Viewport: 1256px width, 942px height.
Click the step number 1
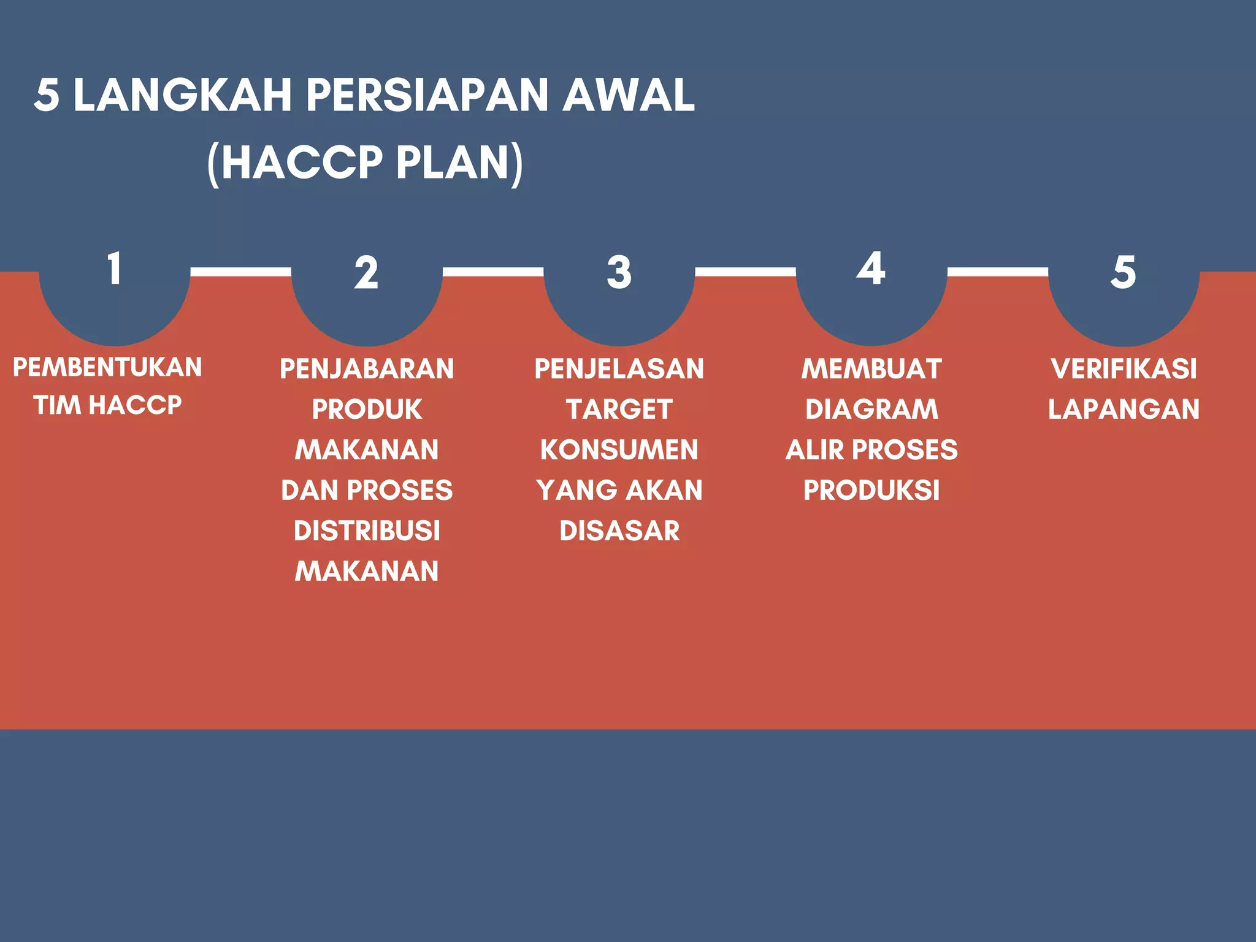[114, 269]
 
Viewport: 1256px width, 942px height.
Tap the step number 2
[366, 273]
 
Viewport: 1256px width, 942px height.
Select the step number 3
[619, 272]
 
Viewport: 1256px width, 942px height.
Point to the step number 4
[871, 268]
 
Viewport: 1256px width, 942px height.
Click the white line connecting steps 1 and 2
[240, 272]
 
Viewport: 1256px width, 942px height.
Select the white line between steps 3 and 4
[745, 272]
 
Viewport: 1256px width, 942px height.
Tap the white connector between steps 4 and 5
[997, 272]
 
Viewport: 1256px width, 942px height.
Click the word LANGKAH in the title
[182, 96]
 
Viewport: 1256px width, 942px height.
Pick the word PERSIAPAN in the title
[427, 96]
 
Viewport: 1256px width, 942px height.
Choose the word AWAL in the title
[629, 96]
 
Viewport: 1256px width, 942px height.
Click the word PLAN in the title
[453, 163]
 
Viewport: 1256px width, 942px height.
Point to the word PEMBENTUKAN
[107, 367]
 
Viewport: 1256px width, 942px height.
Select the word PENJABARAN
[367, 369]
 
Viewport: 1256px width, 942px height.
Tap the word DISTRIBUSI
[367, 531]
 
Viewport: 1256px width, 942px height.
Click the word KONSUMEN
[619, 450]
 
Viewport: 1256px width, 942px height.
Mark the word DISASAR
[619, 531]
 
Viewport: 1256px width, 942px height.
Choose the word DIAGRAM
[871, 410]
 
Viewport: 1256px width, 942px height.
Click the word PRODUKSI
[871, 491]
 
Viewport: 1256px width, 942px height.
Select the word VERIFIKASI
[1124, 369]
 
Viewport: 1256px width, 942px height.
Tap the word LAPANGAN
[1124, 410]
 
